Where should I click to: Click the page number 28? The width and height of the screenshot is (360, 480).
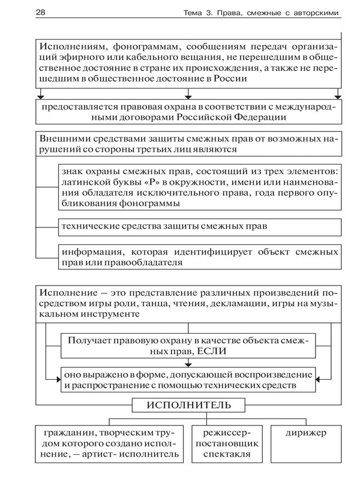point(25,13)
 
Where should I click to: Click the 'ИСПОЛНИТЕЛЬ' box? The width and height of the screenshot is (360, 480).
point(188,406)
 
